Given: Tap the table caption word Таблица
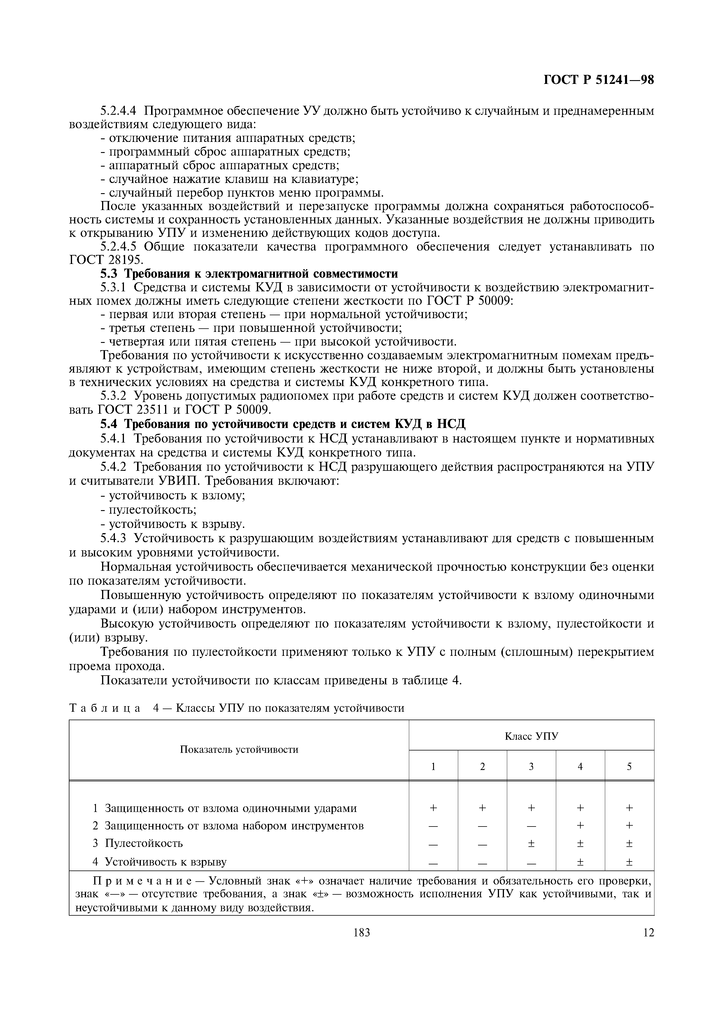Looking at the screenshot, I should pyautogui.click(x=105, y=708).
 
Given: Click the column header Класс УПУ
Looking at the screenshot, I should pyautogui.click(x=531, y=736).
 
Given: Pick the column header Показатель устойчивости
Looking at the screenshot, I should pyautogui.click(x=239, y=750).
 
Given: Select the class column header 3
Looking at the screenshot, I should pyautogui.click(x=531, y=766).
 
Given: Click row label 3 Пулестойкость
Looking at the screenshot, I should pyautogui.click(x=138, y=843).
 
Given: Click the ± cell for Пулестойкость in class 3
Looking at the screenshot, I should pyautogui.click(x=531, y=843).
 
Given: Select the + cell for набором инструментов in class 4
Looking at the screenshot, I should pyautogui.click(x=580, y=825).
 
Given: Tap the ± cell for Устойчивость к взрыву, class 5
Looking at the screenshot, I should pyautogui.click(x=629, y=862).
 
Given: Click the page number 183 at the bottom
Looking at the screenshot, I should pyautogui.click(x=361, y=933).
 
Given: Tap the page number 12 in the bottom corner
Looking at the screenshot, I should pyautogui.click(x=649, y=933).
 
